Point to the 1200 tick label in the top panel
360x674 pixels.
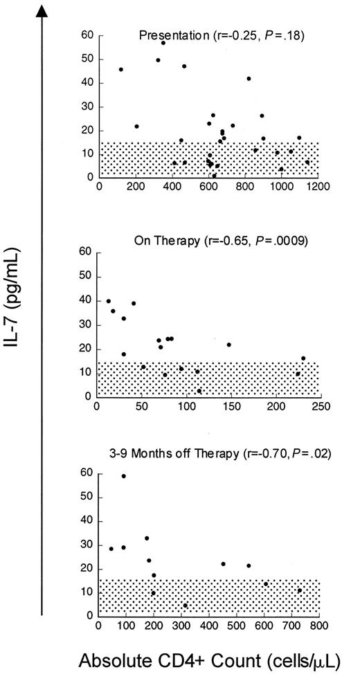(x=318, y=186)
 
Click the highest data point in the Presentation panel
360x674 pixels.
(x=163, y=43)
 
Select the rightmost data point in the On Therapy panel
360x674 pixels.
(x=303, y=358)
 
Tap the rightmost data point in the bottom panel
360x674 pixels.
(x=299, y=590)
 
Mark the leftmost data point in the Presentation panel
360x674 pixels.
(x=121, y=69)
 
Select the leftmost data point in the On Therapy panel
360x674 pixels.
(x=108, y=301)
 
